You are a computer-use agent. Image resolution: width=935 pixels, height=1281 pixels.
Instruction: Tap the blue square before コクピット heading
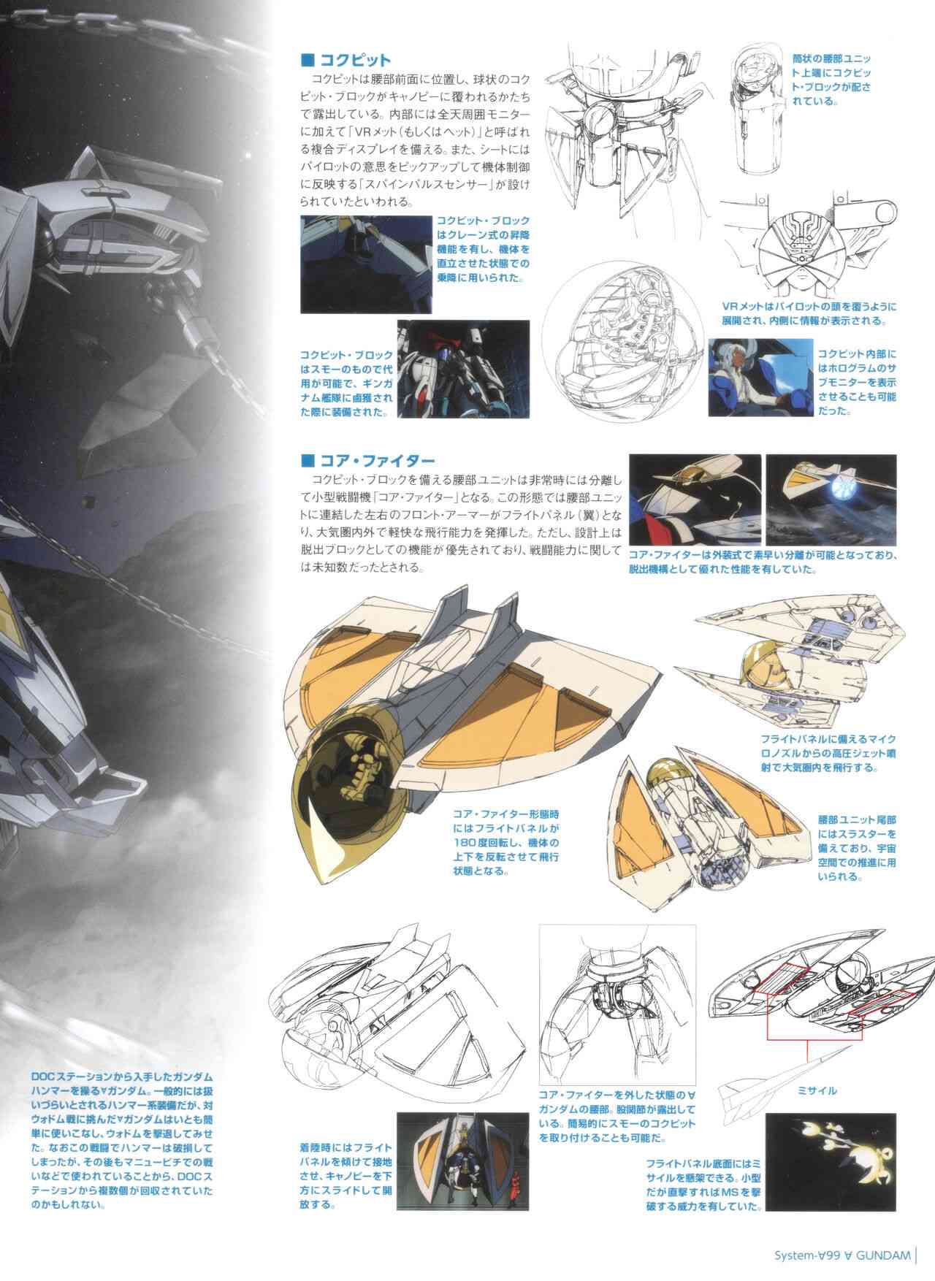point(308,60)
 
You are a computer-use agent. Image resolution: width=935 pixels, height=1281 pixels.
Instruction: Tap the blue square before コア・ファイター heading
point(308,460)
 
